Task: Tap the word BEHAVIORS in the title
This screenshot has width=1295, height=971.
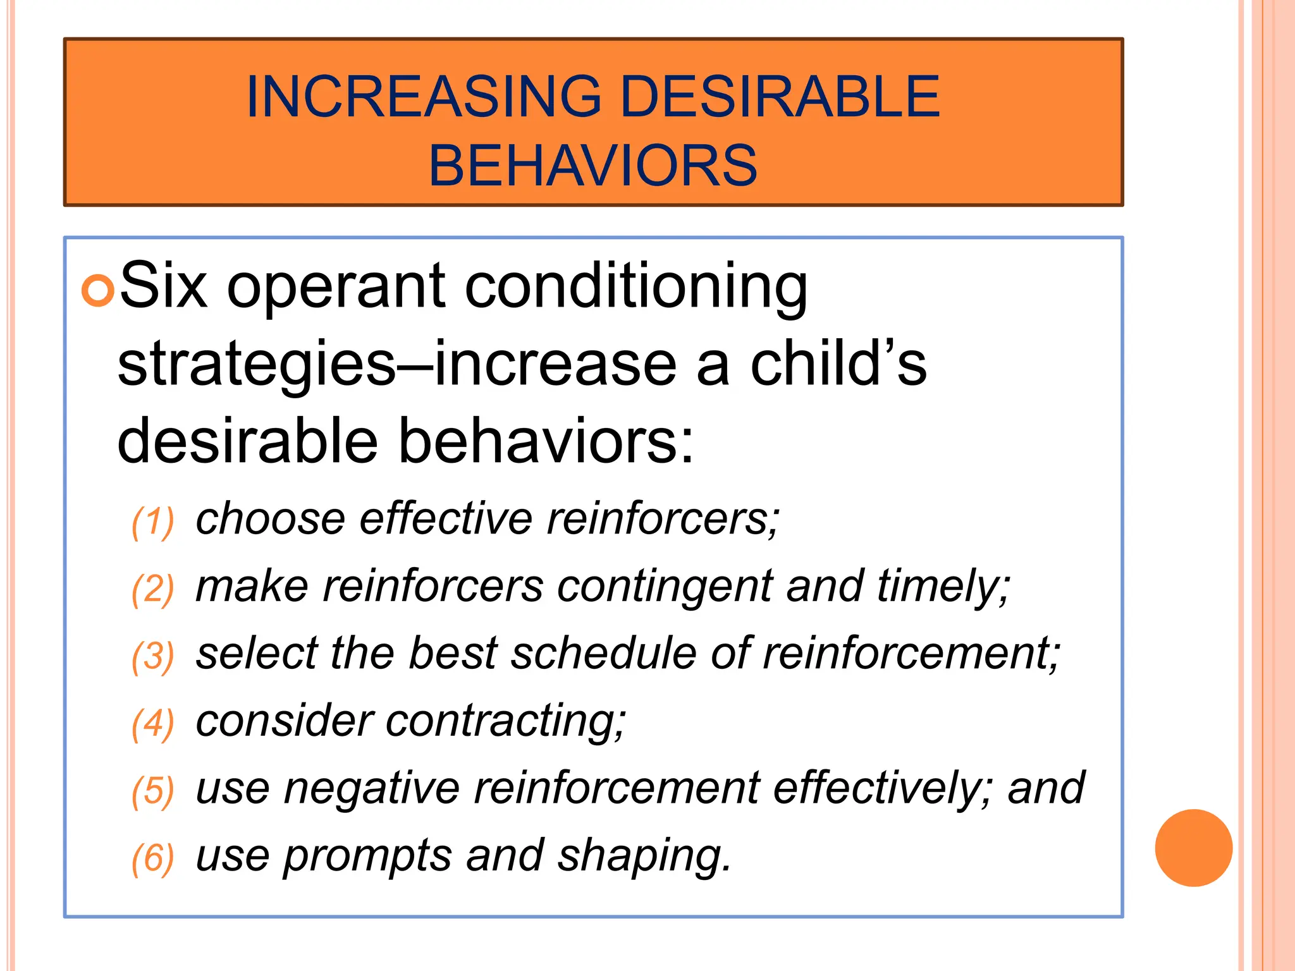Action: point(592,166)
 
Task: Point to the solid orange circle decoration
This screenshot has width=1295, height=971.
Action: point(1193,848)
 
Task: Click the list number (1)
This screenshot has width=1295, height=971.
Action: point(152,522)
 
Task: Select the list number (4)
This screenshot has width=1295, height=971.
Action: point(152,724)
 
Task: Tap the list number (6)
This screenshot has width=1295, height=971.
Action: point(152,858)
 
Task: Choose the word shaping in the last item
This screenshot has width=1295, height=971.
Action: point(644,856)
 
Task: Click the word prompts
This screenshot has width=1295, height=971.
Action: point(367,856)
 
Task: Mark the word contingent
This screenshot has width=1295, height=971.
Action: point(664,586)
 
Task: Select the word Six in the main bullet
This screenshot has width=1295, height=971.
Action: point(163,286)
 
